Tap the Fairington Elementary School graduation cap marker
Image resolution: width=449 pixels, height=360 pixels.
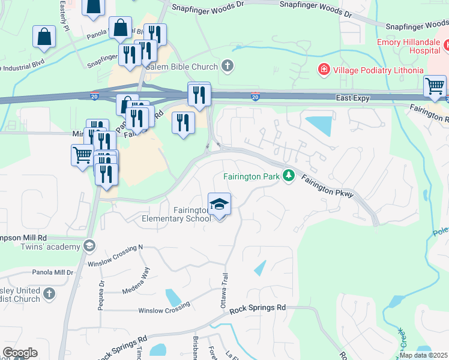pos(219,205)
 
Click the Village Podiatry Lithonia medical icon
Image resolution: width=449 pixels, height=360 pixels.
pos(324,70)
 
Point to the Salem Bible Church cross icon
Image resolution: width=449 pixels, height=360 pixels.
pos(227,65)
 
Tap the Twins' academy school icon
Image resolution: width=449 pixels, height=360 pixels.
pos(89,245)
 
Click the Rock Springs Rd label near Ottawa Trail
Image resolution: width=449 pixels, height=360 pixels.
pos(258,308)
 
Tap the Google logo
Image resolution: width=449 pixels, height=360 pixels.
pos(20,353)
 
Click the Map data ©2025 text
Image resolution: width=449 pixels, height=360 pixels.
pos(423,355)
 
